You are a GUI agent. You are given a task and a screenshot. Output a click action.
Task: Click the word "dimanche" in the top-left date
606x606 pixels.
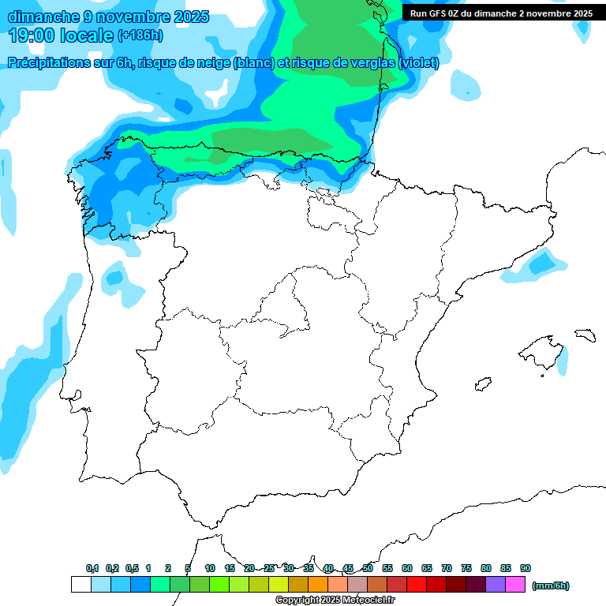pyautogui.click(x=36, y=17)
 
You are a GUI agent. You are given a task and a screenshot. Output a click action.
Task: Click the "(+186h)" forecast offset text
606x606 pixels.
pyautogui.click(x=140, y=36)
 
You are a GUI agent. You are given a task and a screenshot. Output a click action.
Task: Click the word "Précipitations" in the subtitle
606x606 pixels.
pyautogui.click(x=47, y=63)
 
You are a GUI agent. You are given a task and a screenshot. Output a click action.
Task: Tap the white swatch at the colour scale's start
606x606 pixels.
pyautogui.click(x=80, y=585)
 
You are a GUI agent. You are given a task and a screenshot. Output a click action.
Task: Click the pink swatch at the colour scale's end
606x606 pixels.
pyautogui.click(x=515, y=585)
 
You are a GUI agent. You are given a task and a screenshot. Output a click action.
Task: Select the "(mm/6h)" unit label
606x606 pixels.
pyautogui.click(x=550, y=585)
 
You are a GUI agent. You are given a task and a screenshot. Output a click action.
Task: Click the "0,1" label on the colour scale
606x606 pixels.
pyautogui.click(x=92, y=568)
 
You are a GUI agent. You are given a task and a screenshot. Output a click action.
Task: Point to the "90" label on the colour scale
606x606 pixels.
pyautogui.click(x=526, y=568)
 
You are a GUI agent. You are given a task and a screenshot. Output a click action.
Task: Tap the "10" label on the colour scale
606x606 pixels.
pyautogui.click(x=209, y=568)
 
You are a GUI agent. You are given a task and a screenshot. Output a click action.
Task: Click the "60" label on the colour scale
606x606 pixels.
pyautogui.click(x=406, y=568)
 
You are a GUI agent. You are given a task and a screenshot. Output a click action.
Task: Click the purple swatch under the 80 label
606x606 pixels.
pyautogui.click(x=496, y=585)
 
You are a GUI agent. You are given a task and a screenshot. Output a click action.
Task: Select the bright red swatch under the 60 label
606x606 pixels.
pyautogui.click(x=417, y=585)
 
